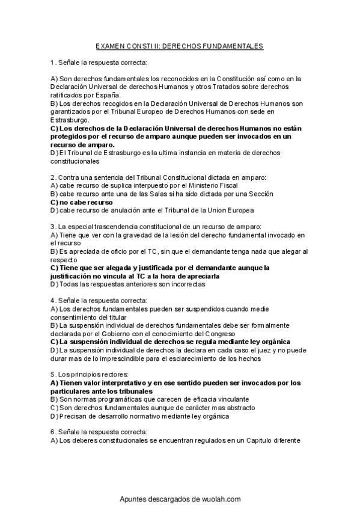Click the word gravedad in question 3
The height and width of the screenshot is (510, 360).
(126, 235)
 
